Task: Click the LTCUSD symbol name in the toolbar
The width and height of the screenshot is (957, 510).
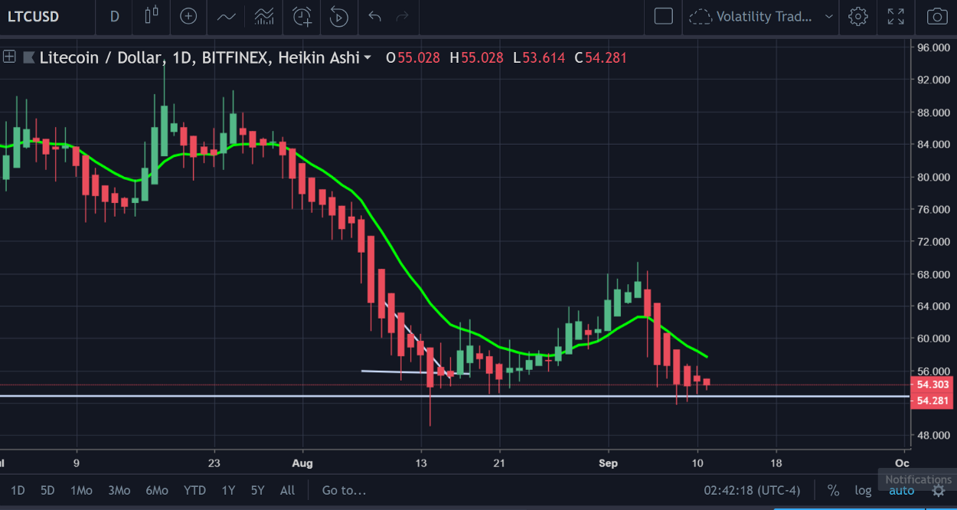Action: pyautogui.click(x=33, y=16)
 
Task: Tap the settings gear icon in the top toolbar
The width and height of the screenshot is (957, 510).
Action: pyautogui.click(x=857, y=16)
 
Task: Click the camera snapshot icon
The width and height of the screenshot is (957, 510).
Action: pyautogui.click(x=936, y=16)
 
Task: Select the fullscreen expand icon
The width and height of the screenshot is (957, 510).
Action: pyautogui.click(x=895, y=16)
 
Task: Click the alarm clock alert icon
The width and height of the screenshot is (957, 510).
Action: pyautogui.click(x=302, y=16)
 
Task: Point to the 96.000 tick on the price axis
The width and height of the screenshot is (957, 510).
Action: pyautogui.click(x=933, y=47)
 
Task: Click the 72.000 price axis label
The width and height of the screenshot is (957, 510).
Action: pyautogui.click(x=933, y=241)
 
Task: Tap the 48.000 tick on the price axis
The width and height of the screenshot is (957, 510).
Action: pyautogui.click(x=933, y=436)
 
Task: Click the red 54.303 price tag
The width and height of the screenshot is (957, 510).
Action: pyautogui.click(x=933, y=384)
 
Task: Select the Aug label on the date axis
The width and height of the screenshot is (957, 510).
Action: pyautogui.click(x=303, y=463)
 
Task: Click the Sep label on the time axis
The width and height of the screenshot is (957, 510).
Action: pyautogui.click(x=609, y=463)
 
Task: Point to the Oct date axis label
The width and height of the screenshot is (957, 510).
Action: pyautogui.click(x=902, y=463)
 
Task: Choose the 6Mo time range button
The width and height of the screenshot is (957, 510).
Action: pyautogui.click(x=157, y=490)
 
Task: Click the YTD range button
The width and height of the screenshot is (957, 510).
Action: pyautogui.click(x=195, y=490)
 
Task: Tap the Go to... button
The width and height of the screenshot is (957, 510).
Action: pyautogui.click(x=344, y=490)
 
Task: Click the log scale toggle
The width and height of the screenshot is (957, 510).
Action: pyautogui.click(x=863, y=490)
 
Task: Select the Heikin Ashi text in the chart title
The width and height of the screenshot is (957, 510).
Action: pyautogui.click(x=318, y=57)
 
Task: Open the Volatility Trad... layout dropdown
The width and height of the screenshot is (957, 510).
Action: pyautogui.click(x=762, y=16)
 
